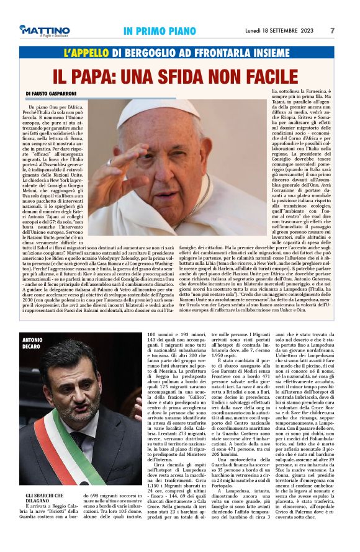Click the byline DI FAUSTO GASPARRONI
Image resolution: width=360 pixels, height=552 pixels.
(x=55, y=94)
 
